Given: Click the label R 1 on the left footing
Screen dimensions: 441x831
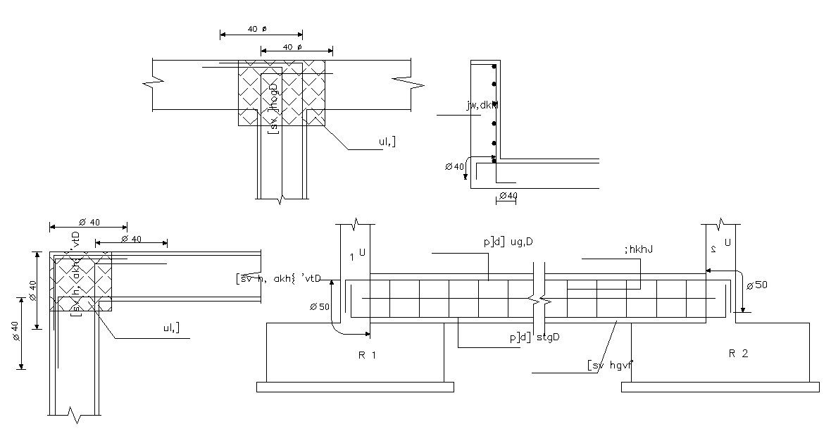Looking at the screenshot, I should pos(367,355).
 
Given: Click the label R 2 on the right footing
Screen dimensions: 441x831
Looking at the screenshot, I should pos(737,354).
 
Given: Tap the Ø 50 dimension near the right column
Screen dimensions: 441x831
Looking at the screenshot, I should pos(757,285).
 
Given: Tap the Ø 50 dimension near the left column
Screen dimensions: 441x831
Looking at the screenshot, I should pos(319,307).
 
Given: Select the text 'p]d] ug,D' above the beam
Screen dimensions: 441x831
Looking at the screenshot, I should pos(508,242).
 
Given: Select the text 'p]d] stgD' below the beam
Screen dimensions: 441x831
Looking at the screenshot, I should pos(535,337).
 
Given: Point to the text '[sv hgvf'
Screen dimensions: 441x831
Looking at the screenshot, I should pos(610,365).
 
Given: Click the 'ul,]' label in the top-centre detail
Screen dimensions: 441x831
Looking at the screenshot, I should pos(387,142).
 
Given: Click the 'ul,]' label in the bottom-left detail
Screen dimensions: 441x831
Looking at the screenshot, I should pos(170,328).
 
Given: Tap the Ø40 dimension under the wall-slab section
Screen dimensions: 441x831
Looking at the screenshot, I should pos(507,196).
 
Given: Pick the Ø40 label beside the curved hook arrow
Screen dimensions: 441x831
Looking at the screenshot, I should pos(455,167).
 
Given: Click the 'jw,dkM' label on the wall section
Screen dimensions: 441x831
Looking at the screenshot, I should pos(482,106).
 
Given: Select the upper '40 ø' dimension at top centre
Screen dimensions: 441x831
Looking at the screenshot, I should pos(261,30).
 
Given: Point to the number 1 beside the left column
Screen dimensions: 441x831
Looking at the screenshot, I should pos(352,256).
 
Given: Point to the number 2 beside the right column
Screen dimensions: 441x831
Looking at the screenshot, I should pos(713,249).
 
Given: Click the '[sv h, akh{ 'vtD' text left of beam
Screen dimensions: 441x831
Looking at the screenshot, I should pos(280,278).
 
